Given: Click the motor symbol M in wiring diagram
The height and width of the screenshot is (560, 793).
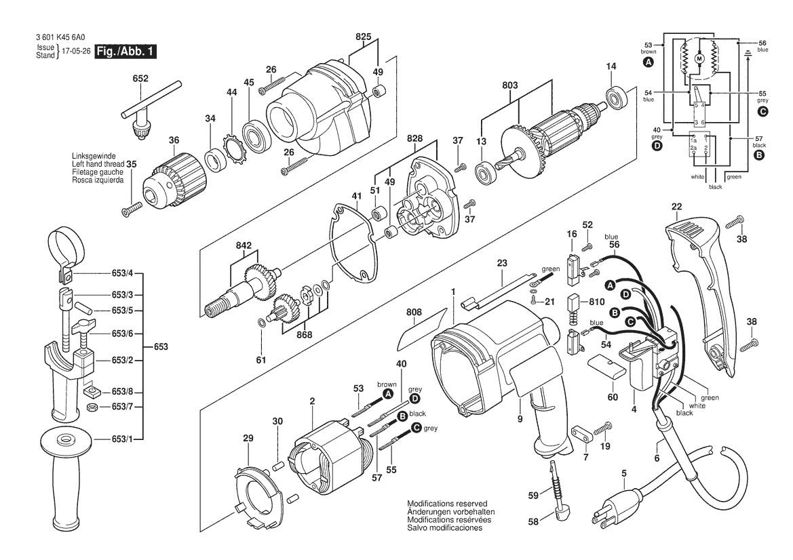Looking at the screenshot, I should coord(699,60).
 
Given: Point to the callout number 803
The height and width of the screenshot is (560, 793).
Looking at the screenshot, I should coord(510,86).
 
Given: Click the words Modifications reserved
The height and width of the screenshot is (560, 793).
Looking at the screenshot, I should coord(446,504).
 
